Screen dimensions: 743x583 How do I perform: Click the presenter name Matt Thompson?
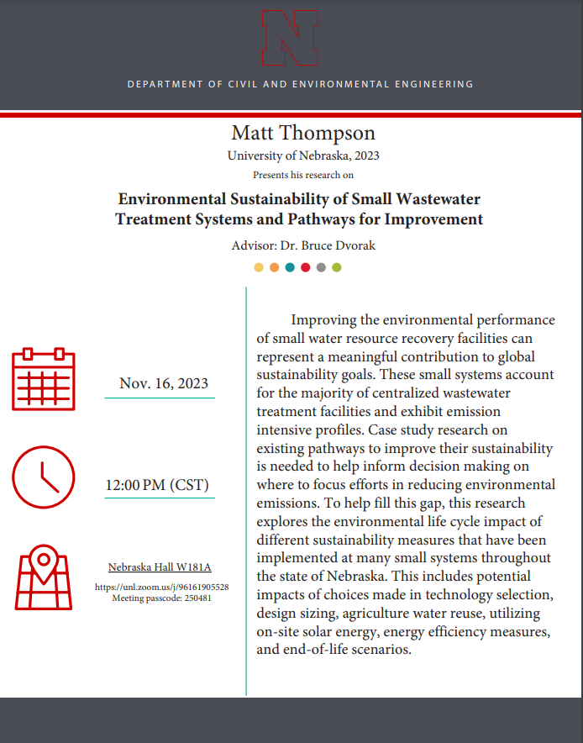[x=291, y=133]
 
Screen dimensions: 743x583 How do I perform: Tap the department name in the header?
[x=300, y=84]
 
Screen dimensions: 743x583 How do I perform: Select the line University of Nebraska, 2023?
[x=291, y=155]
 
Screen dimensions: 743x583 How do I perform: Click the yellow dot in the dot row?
[x=259, y=267]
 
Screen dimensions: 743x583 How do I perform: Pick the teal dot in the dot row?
[x=290, y=267]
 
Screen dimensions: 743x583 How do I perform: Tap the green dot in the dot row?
[x=337, y=267]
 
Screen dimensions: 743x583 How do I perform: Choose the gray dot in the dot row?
[x=321, y=267]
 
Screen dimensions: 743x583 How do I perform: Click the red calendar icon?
[x=44, y=379]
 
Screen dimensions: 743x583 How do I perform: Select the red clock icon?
[x=44, y=477]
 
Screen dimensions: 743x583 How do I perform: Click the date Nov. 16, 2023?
[x=164, y=383]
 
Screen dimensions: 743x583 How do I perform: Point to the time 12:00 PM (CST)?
[x=157, y=485]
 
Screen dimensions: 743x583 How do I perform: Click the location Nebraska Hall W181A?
[x=160, y=567]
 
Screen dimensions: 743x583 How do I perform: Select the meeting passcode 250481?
[x=161, y=598]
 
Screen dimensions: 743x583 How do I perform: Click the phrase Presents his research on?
[x=303, y=175]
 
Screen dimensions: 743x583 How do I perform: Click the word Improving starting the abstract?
[x=325, y=320]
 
